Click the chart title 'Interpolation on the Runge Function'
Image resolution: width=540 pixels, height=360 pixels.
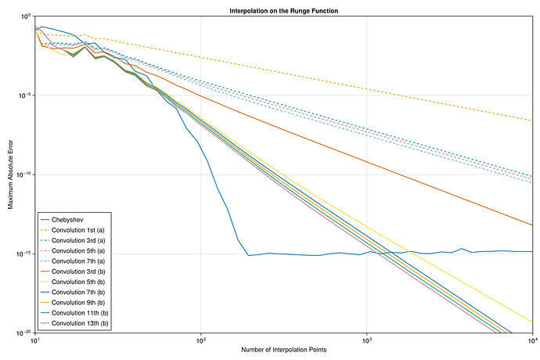283,10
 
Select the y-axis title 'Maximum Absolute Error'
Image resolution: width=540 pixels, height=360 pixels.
10,175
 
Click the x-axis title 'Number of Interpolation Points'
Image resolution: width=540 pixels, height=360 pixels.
283,350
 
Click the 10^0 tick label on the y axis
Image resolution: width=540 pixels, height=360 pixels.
24,16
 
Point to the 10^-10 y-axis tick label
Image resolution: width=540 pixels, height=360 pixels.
23,175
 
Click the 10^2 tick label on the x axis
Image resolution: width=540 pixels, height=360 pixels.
201,340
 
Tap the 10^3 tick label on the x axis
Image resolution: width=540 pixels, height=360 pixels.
367,340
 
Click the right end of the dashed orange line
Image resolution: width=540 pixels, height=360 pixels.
532,121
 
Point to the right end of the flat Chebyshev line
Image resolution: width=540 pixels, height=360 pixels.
532,252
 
